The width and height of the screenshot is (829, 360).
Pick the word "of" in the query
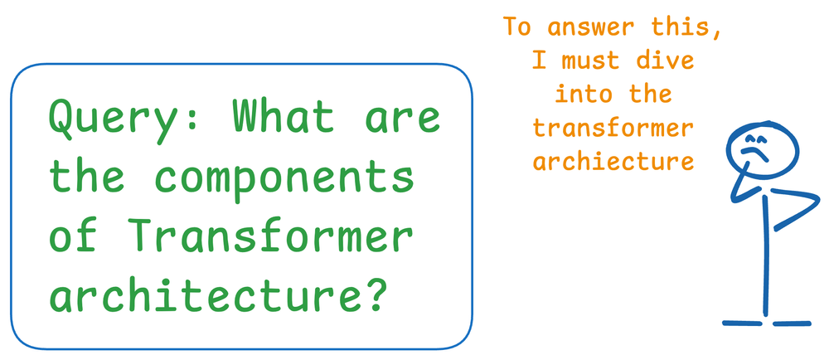click(70, 236)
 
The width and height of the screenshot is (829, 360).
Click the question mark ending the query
click(376, 294)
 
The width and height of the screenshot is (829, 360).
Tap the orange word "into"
click(580, 94)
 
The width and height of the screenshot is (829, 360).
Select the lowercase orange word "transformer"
click(613, 128)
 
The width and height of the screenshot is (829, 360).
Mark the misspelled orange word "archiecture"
click(613, 161)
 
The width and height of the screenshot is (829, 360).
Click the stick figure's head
click(762, 147)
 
